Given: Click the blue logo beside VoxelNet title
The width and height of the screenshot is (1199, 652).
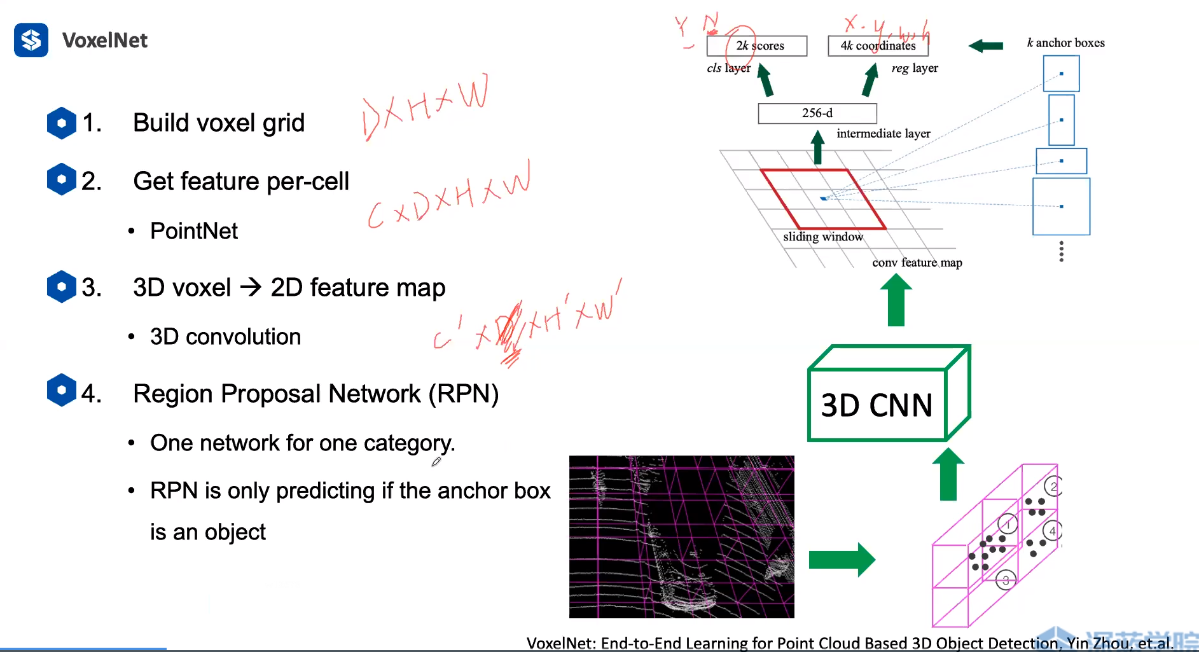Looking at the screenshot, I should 31,40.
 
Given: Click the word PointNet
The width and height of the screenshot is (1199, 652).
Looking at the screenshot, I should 194,231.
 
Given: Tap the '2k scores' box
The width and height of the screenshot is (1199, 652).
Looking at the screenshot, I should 757,46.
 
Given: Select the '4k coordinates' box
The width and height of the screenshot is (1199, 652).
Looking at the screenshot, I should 878,46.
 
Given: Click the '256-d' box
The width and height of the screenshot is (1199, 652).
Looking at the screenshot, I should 817,113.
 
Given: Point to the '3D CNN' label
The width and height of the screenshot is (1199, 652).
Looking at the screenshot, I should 877,405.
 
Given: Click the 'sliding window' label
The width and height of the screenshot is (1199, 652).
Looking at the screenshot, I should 823,237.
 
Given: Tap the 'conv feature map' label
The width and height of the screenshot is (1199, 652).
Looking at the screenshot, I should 917,262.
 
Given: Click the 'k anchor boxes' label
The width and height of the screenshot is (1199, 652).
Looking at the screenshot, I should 1065,43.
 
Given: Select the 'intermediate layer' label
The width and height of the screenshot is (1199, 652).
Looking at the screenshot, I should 883,134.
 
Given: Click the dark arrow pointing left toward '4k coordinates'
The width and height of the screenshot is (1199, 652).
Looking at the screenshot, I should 985,46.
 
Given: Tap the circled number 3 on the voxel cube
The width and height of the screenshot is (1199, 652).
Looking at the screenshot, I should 1005,580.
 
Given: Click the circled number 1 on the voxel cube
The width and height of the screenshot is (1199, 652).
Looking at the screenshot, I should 1008,524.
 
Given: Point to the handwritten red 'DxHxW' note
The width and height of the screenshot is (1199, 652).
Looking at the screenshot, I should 425,105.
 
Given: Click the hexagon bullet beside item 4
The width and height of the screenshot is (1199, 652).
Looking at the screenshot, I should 62,390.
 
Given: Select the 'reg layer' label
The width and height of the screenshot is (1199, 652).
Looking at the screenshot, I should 915,68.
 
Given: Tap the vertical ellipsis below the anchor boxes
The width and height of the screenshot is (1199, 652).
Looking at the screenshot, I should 1061,251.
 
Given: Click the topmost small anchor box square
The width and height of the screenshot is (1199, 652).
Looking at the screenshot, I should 1061,74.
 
